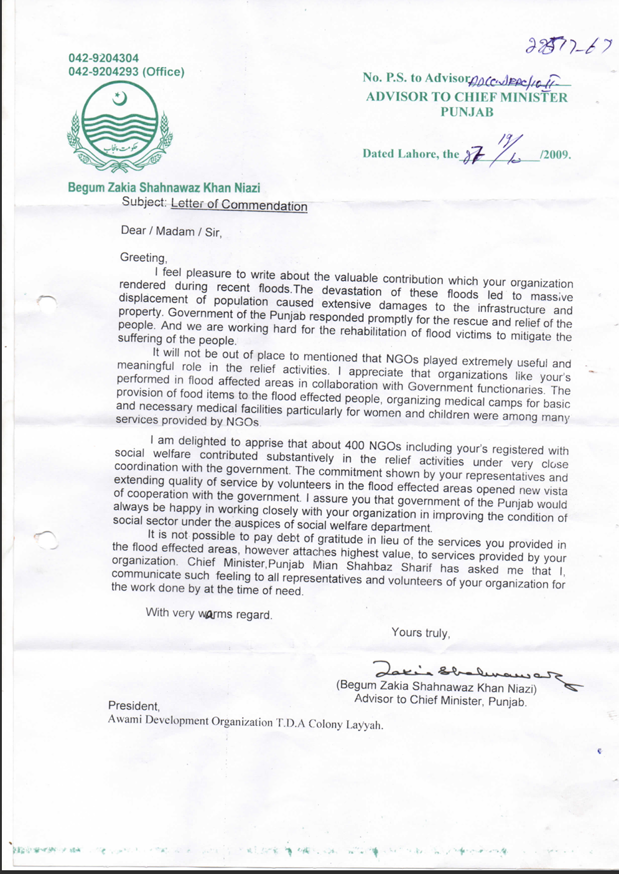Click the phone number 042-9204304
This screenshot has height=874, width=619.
click(104, 58)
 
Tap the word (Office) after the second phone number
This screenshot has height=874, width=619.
click(164, 72)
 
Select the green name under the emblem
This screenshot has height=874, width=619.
click(164, 187)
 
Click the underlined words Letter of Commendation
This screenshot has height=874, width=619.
click(239, 205)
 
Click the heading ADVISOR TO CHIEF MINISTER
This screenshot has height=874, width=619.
click(467, 97)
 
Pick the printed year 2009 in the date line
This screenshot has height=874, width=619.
click(557, 155)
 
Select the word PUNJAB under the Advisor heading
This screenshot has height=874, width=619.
click(467, 112)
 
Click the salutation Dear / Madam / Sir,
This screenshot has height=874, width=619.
click(171, 231)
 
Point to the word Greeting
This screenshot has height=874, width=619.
click(143, 258)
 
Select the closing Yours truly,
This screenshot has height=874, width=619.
click(421, 633)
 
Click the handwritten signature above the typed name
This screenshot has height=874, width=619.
click(473, 671)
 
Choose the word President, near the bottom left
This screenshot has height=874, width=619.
click(134, 705)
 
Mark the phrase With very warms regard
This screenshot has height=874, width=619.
click(208, 614)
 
